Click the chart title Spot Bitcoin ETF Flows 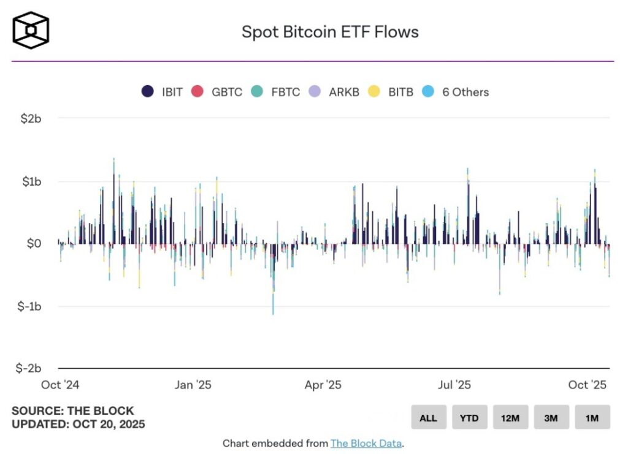click(x=330, y=32)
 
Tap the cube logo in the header click(x=31, y=30)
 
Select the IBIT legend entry click(x=162, y=92)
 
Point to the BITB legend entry click(x=391, y=92)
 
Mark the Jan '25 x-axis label click(x=193, y=385)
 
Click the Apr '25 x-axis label click(x=323, y=385)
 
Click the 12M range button click(x=510, y=417)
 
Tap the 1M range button click(x=592, y=417)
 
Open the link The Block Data click(x=366, y=443)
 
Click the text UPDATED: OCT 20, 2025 click(x=78, y=423)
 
